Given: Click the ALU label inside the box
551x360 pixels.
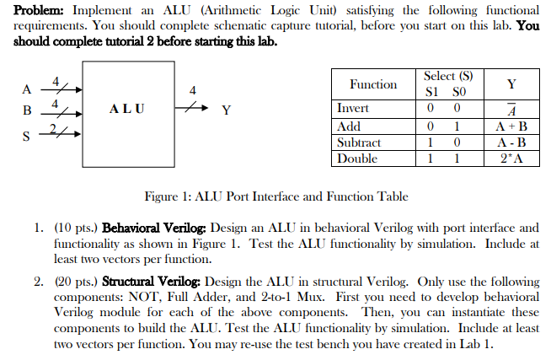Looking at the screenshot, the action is [x=126, y=109].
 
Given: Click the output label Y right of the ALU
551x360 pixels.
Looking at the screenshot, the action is [x=225, y=110].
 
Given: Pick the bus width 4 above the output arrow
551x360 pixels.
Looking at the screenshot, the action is [x=193, y=90].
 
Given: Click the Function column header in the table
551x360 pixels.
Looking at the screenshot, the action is [x=373, y=83].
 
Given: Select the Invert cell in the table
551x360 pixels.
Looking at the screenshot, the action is [x=353, y=108].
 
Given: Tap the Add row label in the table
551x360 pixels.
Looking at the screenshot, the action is [x=349, y=126].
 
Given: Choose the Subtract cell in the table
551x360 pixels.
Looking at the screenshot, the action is [x=359, y=142].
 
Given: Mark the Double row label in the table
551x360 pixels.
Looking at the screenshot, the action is [x=357, y=159].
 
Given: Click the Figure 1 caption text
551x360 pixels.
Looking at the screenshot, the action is [x=276, y=196].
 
